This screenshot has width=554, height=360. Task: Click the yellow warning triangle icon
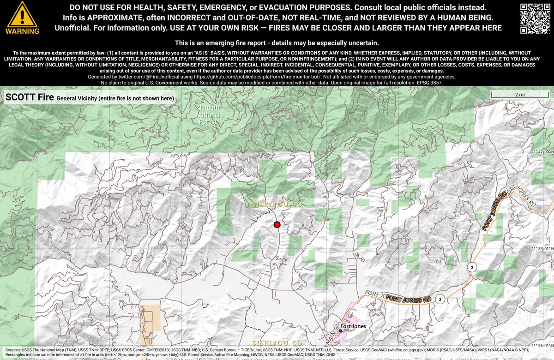(22, 14)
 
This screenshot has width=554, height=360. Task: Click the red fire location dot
(277, 225)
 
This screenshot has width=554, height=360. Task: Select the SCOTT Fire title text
(29, 97)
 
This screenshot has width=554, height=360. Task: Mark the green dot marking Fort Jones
(340, 330)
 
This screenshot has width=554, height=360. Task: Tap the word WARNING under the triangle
(22, 31)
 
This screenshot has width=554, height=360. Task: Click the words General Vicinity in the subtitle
(77, 98)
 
